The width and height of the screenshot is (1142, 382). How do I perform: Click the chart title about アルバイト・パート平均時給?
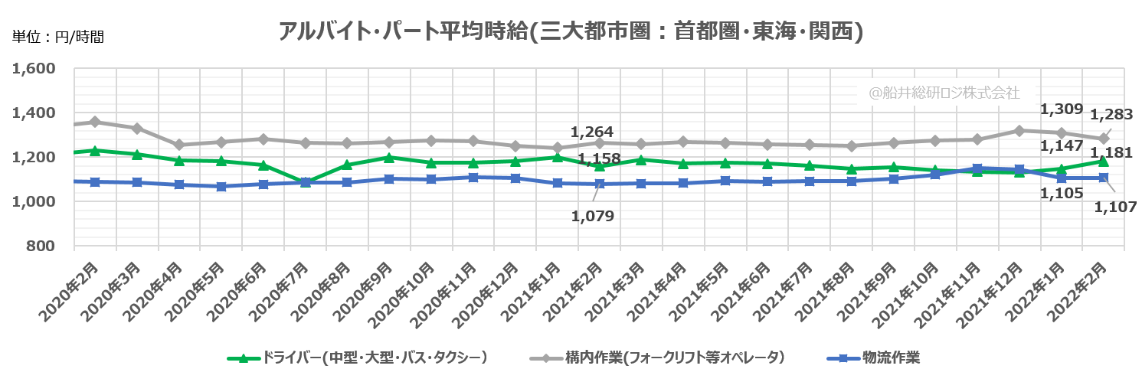coord(571,31)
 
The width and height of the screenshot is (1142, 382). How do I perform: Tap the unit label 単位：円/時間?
coord(57,36)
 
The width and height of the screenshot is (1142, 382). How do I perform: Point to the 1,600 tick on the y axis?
coord(35,69)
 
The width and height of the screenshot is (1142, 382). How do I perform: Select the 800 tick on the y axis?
coord(43,246)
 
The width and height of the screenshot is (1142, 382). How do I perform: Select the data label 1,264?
coord(593,131)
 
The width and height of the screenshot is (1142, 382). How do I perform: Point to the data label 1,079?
coord(593,216)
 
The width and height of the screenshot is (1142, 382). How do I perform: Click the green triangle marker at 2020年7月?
coord(305,182)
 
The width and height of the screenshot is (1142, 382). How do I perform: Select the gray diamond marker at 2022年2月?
coord(1104,139)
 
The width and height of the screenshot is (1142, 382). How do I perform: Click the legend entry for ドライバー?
coord(360,357)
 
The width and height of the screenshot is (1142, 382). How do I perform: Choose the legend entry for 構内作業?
coord(659,357)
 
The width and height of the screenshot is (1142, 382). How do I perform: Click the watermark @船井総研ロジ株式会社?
coord(944,93)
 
